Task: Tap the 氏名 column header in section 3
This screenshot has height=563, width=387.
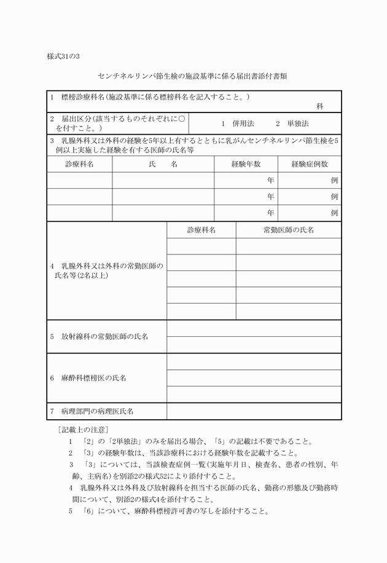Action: pos(163,164)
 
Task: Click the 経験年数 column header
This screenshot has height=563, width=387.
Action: pos(246,164)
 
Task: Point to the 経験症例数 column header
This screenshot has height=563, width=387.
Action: pos(310,164)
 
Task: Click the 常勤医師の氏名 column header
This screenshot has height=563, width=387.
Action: pos(288,230)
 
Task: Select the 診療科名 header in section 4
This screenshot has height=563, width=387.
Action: pos(201,230)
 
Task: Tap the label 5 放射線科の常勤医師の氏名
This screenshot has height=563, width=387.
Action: pos(99,337)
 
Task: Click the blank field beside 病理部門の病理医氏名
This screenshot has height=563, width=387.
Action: pos(254,410)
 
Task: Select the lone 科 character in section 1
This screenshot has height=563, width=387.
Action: pos(319,106)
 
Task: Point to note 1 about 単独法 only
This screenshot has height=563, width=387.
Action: pos(190,441)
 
